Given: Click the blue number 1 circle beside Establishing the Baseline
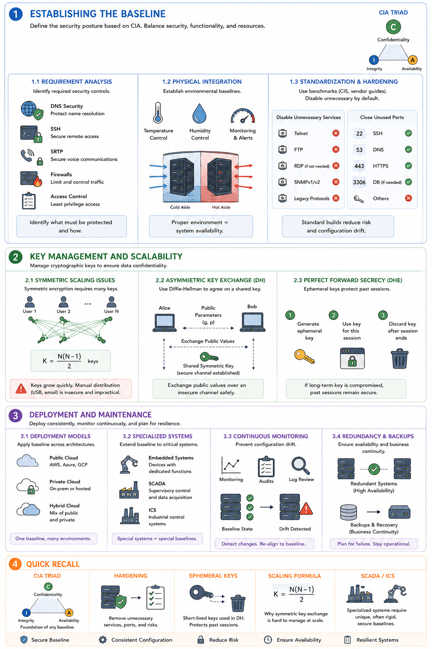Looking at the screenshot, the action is tap(16, 14).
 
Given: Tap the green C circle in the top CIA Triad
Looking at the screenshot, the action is tap(393, 27).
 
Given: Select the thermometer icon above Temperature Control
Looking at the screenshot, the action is tap(158, 113).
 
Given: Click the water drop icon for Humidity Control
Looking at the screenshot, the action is tap(200, 113).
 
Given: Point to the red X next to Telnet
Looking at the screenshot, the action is tap(336, 133).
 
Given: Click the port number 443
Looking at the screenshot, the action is tap(359, 166).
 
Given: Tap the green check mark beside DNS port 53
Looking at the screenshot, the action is tap(408, 150).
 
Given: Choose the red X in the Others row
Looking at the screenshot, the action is tap(408, 199).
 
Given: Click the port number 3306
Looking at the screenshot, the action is tap(359, 182).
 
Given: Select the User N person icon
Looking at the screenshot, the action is tap(111, 302).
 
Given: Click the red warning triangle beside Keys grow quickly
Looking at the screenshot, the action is tap(21, 389).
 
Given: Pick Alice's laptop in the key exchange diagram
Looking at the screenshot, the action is tap(165, 322).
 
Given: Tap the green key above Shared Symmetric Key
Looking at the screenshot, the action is tap(209, 357).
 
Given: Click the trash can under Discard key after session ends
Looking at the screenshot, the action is tap(400, 359).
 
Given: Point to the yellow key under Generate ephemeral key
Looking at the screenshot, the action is tap(304, 356).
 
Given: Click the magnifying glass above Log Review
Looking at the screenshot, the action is tap(301, 466).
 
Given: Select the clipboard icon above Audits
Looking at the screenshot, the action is tap(266, 466).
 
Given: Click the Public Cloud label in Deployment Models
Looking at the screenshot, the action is tap(64, 458).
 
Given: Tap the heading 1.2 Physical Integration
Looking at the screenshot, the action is tap(202, 82).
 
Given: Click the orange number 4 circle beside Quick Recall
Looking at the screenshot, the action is tap(15, 564).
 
